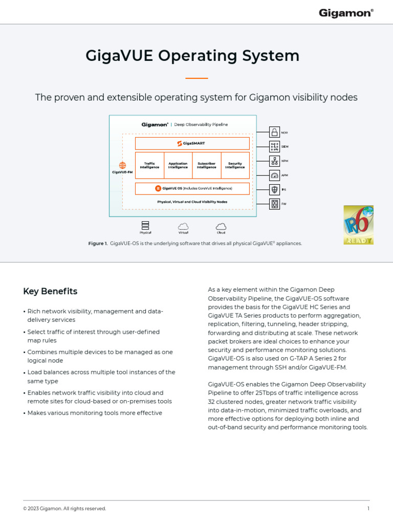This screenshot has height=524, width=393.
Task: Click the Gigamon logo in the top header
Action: pyautogui.click(x=346, y=13)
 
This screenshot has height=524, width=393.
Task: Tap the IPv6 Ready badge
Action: pyautogui.click(x=358, y=225)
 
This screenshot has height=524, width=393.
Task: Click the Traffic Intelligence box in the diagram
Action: pyautogui.click(x=149, y=165)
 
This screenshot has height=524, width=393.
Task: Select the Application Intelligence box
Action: pyautogui.click(x=178, y=165)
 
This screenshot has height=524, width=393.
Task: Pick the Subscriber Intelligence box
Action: pyautogui.click(x=207, y=165)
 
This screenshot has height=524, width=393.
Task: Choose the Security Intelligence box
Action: pyautogui.click(x=235, y=165)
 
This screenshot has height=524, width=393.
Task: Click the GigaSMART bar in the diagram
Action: pyautogui.click(x=192, y=143)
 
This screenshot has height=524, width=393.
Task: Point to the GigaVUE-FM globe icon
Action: pyautogui.click(x=122, y=165)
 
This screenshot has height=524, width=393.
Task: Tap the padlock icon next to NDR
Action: pyautogui.click(x=274, y=133)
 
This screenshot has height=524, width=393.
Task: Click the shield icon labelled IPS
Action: pyautogui.click(x=274, y=190)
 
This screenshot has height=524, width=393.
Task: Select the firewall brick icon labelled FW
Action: pyautogui.click(x=274, y=204)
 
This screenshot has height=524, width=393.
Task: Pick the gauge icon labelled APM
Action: pyautogui.click(x=274, y=176)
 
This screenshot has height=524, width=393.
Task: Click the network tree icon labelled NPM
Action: pyautogui.click(x=274, y=161)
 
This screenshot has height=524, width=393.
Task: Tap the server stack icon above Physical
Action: pyautogui.click(x=145, y=226)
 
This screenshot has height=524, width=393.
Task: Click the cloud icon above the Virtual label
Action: pyautogui.click(x=183, y=226)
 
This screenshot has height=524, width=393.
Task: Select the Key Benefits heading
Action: pyautogui.click(x=50, y=291)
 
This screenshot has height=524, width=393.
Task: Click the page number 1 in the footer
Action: pyautogui.click(x=368, y=509)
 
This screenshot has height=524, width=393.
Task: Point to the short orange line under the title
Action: pyautogui.click(x=196, y=78)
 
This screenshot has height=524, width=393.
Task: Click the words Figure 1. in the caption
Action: pyautogui.click(x=98, y=244)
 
